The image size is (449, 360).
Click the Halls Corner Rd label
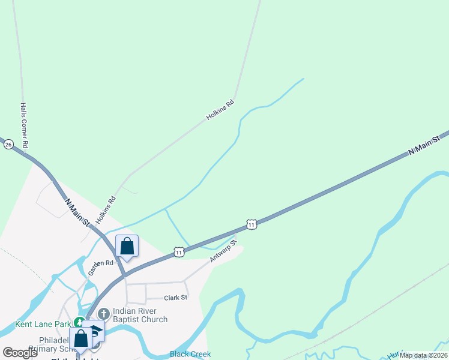[x=25, y=125]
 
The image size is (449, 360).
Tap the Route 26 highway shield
[x=8, y=145]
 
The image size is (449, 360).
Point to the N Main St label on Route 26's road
[x=78, y=212]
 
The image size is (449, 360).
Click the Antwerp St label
[x=223, y=251]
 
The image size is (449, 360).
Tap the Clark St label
[x=176, y=298]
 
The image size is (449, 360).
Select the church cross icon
[x=103, y=313]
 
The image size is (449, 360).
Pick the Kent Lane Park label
[x=41, y=325]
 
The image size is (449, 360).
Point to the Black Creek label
[x=190, y=354]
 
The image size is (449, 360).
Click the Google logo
[x=20, y=353]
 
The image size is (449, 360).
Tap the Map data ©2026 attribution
[x=423, y=355]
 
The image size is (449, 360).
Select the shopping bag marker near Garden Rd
[x=127, y=247]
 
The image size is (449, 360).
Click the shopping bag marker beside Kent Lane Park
[x=80, y=338]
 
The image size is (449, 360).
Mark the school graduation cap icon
[x=95, y=331]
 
